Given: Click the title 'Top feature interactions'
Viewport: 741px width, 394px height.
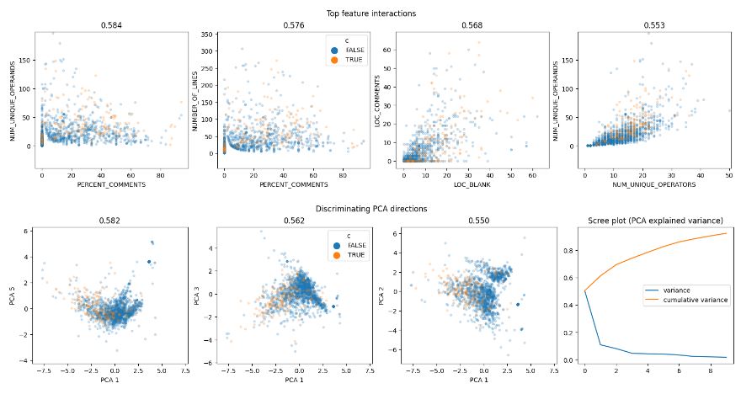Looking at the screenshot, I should click(371, 13).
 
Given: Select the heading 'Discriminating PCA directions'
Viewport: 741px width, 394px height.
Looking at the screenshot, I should click(371, 208).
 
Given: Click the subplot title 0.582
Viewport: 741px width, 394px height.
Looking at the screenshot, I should click(104, 220).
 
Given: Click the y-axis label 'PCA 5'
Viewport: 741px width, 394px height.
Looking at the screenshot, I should click(14, 295).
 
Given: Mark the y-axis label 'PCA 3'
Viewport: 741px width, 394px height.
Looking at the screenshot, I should click(196, 295).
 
